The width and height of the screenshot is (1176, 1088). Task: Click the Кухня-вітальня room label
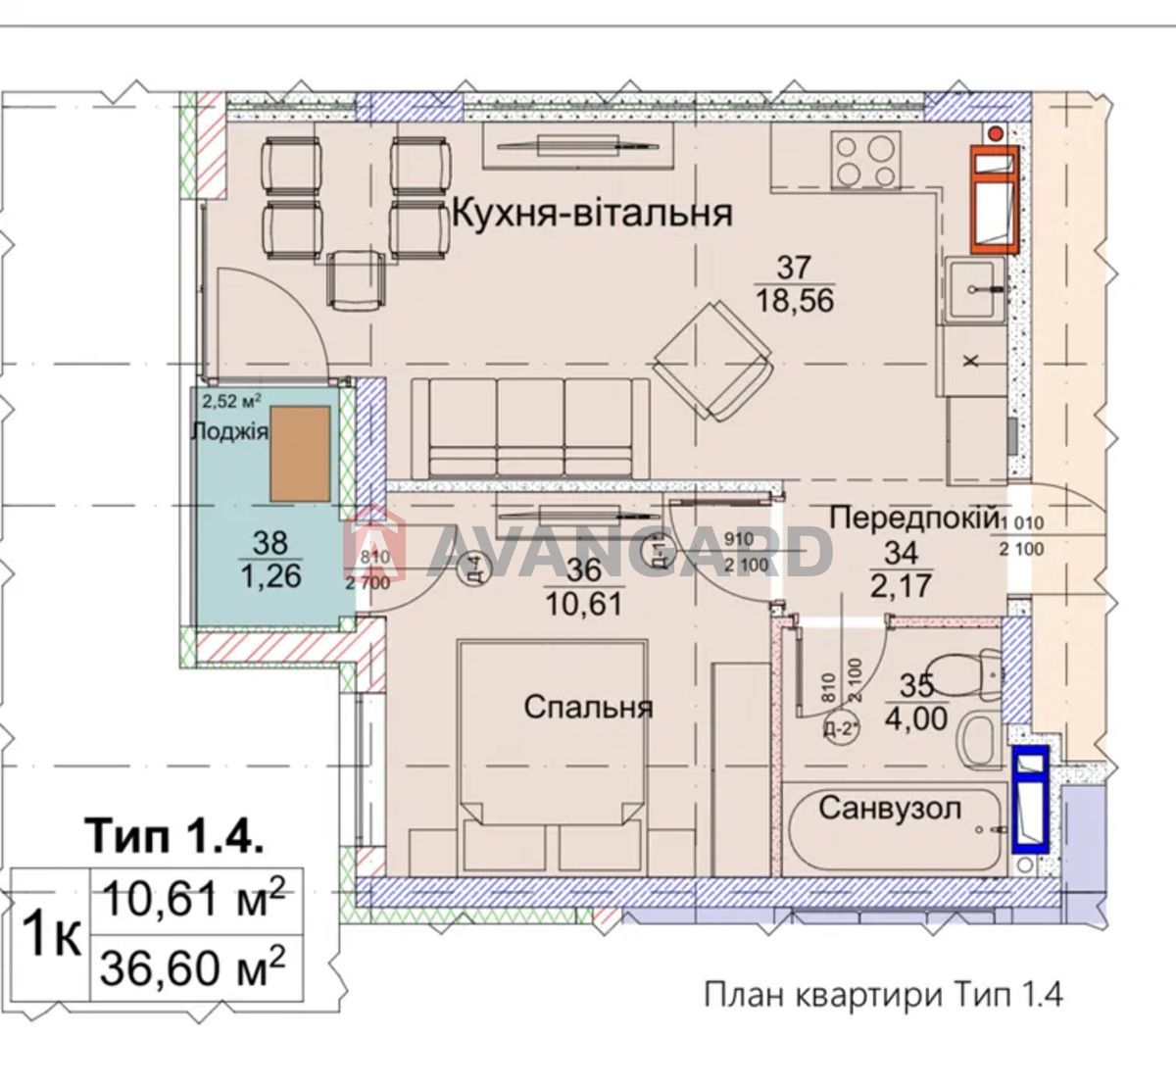click(592, 212)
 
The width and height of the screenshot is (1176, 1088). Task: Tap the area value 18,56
click(795, 299)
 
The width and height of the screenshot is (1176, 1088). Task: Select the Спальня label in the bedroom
click(588, 707)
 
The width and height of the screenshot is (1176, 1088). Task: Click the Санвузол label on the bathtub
click(890, 809)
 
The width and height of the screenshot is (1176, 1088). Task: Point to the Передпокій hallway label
click(913, 518)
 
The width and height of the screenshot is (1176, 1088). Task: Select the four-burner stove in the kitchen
click(865, 161)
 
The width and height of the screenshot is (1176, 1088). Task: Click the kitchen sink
click(974, 289)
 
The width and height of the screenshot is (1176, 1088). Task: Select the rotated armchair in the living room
click(713, 361)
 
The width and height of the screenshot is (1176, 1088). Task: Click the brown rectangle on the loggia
click(300, 454)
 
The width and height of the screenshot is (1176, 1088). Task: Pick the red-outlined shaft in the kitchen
click(995, 200)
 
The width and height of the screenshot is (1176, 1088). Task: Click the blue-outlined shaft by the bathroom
click(1030, 796)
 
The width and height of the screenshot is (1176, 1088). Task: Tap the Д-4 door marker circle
click(471, 569)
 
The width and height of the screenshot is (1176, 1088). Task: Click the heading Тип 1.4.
click(175, 836)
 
